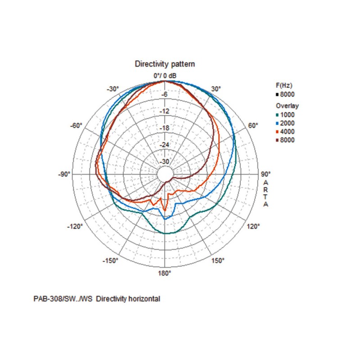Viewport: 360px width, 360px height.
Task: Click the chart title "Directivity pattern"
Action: pyautogui.click(x=165, y=64)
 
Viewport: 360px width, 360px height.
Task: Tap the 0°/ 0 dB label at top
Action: pyautogui.click(x=165, y=75)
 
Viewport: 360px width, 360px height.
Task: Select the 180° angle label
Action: pyautogui.click(x=165, y=273)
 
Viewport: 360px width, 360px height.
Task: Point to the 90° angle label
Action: pyautogui.click(x=265, y=174)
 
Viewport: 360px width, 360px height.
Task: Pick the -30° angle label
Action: pyautogui.click(x=112, y=89)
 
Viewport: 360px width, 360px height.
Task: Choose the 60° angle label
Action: pyautogui.click(x=253, y=126)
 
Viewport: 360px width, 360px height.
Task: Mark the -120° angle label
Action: pyautogui.click(x=76, y=226)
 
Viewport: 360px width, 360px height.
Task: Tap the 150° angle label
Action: pyautogui.click(x=218, y=261)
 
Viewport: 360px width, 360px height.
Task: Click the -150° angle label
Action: pyautogui.click(x=111, y=261)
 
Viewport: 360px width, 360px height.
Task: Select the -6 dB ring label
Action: pyautogui.click(x=165, y=94)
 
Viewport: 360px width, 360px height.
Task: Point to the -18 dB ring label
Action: pyautogui.click(x=165, y=128)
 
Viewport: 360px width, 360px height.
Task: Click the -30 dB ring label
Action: pyautogui.click(x=165, y=161)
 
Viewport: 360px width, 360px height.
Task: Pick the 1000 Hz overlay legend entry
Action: pyautogui.click(x=286, y=115)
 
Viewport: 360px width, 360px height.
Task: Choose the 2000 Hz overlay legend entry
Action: pyautogui.click(x=286, y=123)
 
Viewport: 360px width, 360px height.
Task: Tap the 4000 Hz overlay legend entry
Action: pyautogui.click(x=286, y=132)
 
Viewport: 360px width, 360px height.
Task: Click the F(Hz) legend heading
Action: pyautogui.click(x=283, y=85)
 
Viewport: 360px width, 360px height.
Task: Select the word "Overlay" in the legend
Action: pyautogui.click(x=287, y=106)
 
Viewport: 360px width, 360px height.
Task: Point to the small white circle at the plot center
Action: pyautogui.click(x=165, y=174)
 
